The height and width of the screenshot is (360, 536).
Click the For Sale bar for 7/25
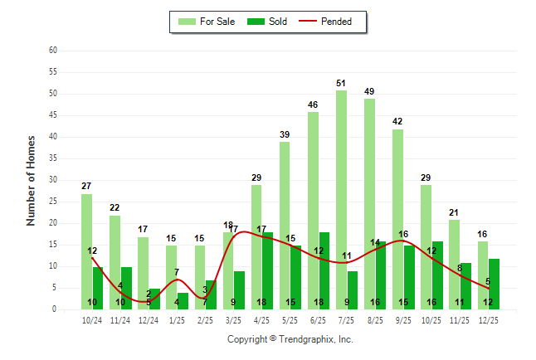coord(341,199)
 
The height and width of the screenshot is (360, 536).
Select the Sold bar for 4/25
coord(267,270)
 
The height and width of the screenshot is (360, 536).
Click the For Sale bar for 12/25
coord(483,275)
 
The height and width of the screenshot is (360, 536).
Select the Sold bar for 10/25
coord(437,275)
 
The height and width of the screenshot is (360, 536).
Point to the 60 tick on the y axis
coord(53,51)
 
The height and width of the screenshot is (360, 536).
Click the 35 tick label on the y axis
coord(53,158)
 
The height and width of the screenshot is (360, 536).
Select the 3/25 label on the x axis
coord(233,320)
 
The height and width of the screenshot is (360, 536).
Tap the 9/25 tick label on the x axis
coord(403,320)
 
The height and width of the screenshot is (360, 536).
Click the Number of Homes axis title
coord(31,180)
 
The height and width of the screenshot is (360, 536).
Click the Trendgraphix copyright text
coord(290,339)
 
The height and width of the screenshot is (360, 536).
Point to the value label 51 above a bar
coord(341,83)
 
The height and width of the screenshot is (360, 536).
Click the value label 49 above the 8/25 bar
coord(369,91)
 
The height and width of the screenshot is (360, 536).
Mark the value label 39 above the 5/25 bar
coord(285,134)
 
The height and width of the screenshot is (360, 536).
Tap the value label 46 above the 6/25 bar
coord(313,105)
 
